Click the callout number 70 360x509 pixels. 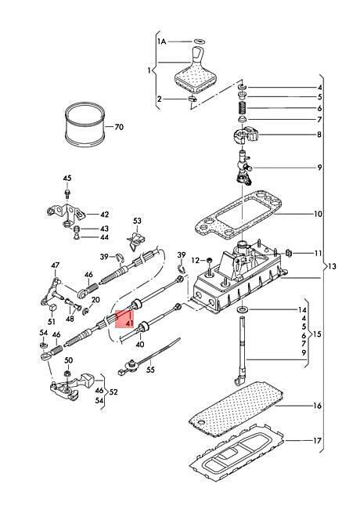point(119,127)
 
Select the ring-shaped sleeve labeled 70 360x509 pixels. point(85,125)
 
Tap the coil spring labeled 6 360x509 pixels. point(243,108)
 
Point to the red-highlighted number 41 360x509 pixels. point(130,323)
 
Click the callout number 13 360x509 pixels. point(332,266)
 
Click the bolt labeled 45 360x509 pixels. point(67,194)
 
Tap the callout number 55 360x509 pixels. point(150,370)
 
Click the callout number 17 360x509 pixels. point(317,441)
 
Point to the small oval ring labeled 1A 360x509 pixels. point(199,42)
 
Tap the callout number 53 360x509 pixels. point(137,221)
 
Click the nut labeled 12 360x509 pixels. point(209,260)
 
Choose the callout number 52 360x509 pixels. point(113,392)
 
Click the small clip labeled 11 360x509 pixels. point(288,253)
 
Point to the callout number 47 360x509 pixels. point(55,265)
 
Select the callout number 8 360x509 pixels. point(319,135)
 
